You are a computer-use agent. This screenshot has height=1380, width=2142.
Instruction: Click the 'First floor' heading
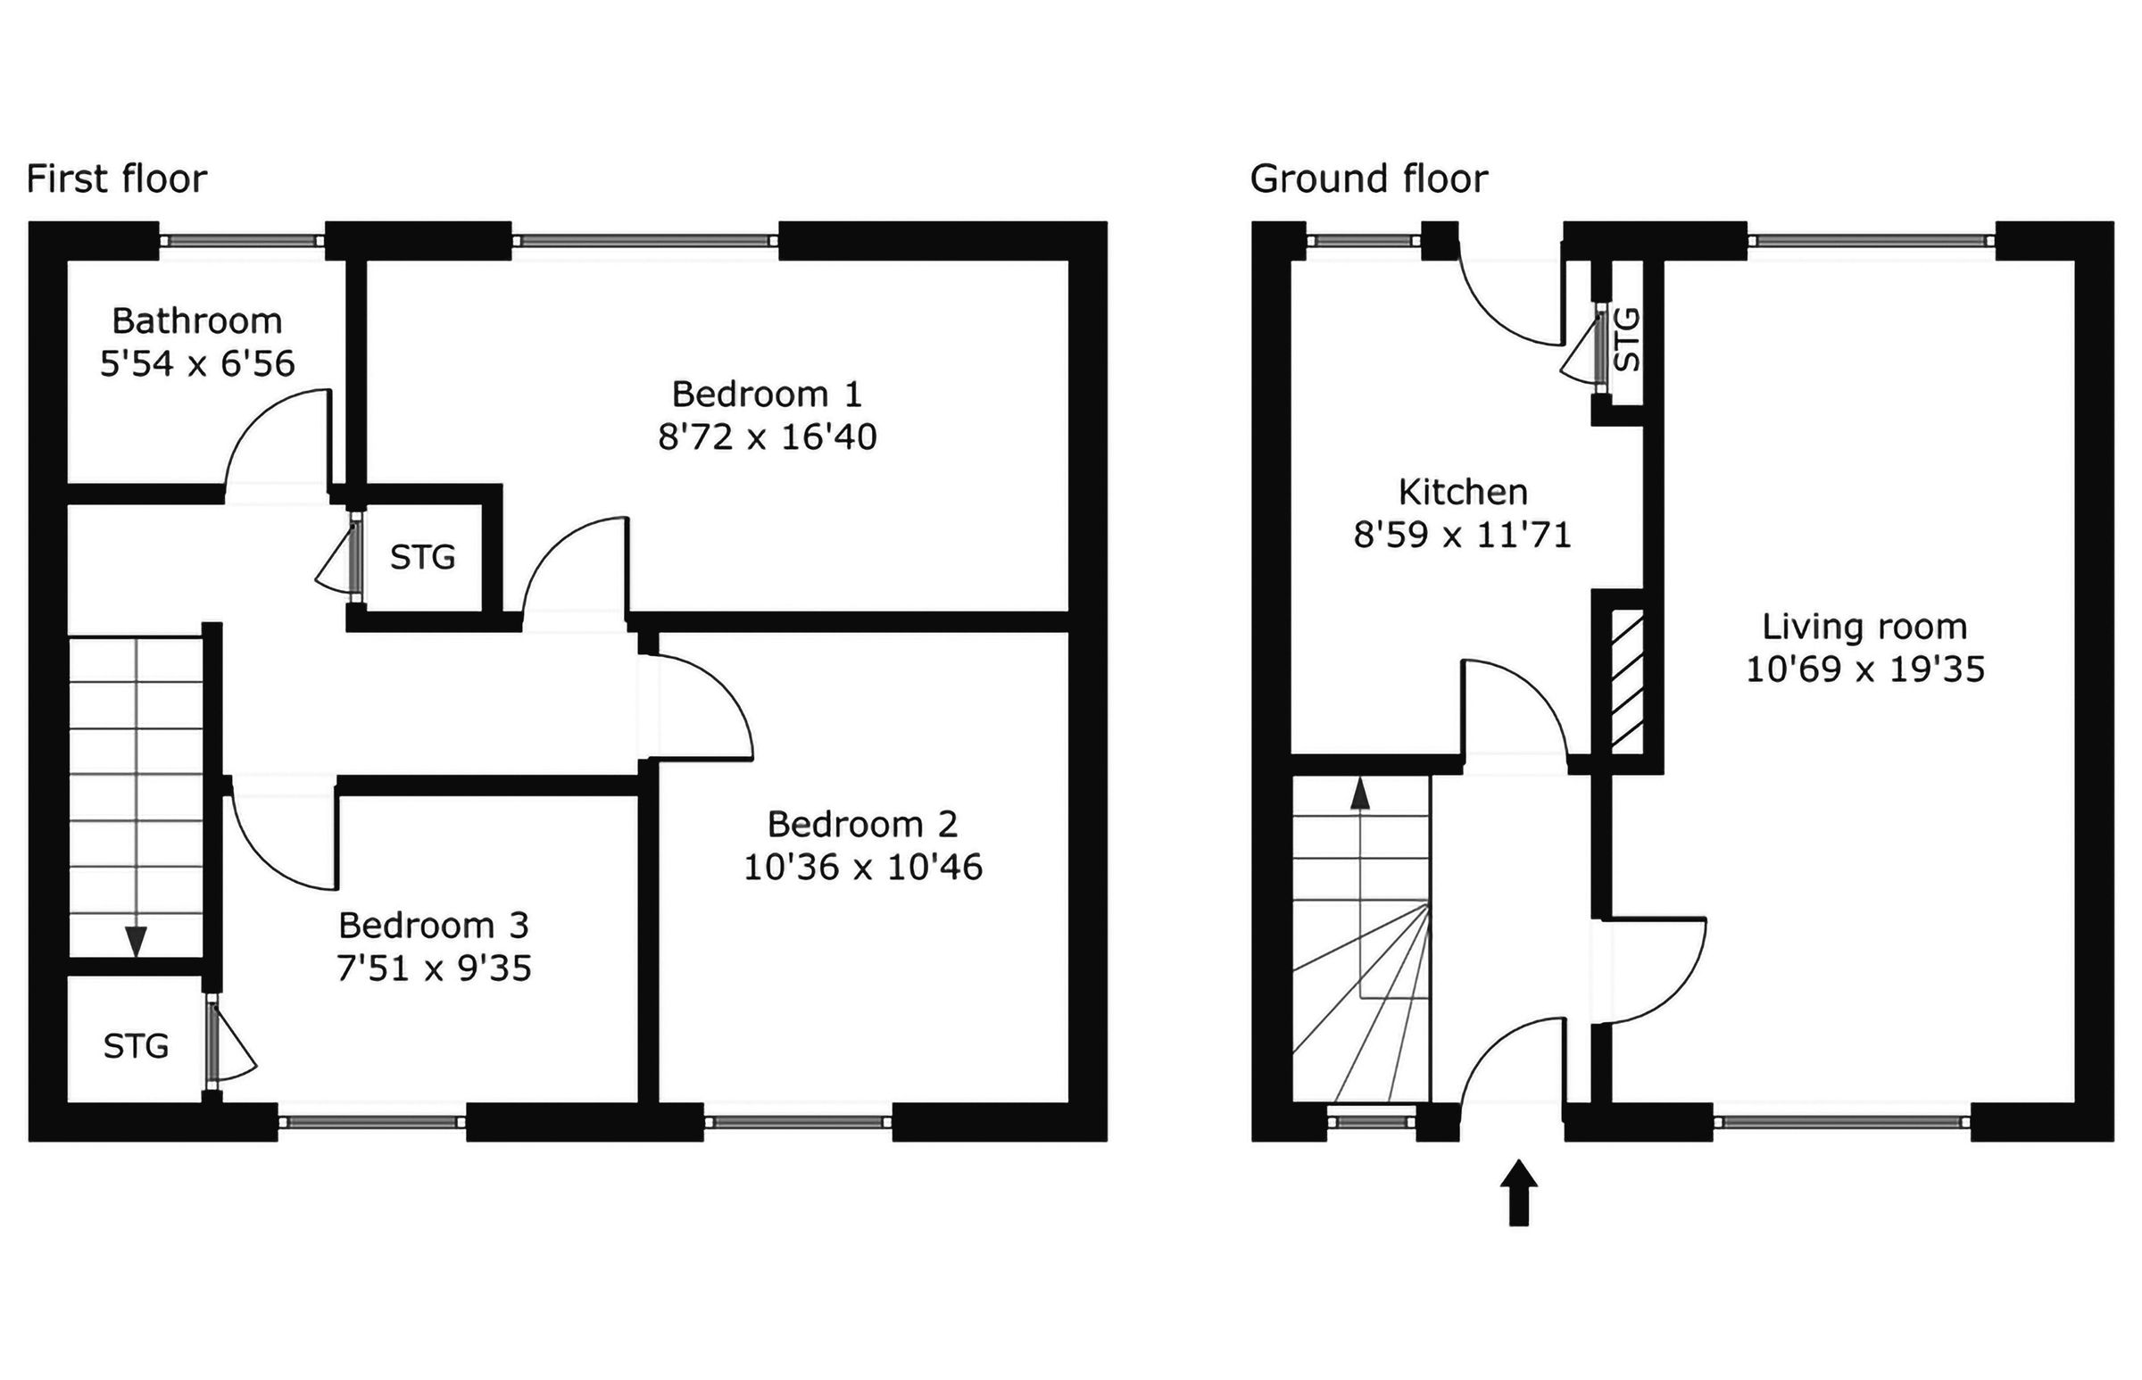point(116,179)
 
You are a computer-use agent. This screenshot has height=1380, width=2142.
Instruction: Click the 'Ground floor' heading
point(1368,179)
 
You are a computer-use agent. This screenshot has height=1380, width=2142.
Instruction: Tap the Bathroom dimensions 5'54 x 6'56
point(197,364)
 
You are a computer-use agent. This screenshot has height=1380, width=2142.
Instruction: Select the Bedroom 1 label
point(766,395)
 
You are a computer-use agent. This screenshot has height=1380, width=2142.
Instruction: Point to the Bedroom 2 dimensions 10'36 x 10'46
point(863,868)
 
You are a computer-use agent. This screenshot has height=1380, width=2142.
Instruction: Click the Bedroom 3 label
point(434,925)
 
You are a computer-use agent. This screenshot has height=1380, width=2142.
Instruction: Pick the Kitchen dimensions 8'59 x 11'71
point(1462,535)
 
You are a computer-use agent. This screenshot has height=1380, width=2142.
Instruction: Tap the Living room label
point(1864,627)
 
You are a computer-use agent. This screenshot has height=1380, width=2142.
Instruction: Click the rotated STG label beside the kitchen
point(1627,339)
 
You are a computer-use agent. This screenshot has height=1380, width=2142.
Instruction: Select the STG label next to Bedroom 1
point(423,557)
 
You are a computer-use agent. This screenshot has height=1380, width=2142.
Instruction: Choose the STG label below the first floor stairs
point(137,1046)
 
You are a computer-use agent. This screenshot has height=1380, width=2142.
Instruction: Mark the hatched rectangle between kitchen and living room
point(1627,681)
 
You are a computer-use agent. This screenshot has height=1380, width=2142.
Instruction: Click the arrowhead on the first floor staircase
point(137,942)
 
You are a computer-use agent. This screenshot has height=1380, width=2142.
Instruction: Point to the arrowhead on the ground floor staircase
point(1360,794)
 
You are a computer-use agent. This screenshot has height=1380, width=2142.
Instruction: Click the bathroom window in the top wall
point(242,240)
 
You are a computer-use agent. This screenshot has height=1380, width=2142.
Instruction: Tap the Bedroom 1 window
point(645,240)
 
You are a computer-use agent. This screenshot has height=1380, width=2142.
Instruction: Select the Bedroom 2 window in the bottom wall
point(797,1122)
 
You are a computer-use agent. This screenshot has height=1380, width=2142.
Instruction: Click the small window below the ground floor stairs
point(1371,1121)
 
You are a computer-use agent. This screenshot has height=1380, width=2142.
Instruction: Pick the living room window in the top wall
point(1872,240)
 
